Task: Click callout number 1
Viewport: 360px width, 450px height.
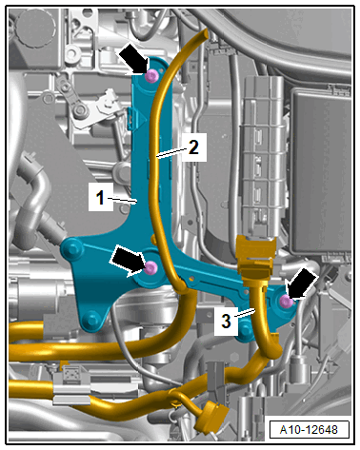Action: pyautogui.click(x=100, y=198)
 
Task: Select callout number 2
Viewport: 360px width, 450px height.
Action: pyautogui.click(x=193, y=147)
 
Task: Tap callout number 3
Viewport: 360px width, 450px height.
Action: pyautogui.click(x=226, y=321)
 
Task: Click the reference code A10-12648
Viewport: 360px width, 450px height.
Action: pyautogui.click(x=309, y=430)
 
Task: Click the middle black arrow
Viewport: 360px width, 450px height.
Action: pyautogui.click(x=128, y=261)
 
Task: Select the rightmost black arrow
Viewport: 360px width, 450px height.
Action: pyautogui.click(x=302, y=284)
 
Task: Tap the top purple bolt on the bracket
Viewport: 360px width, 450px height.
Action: pyautogui.click(x=151, y=76)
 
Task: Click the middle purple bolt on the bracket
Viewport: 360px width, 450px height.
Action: pyautogui.click(x=150, y=268)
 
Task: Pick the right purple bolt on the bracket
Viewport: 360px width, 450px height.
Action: pyautogui.click(x=287, y=302)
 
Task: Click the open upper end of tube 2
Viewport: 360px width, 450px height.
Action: pyautogui.click(x=203, y=33)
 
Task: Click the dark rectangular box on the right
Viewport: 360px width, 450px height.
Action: pyautogui.click(x=321, y=171)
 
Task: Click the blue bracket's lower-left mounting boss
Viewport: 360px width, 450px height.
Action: pyautogui.click(x=91, y=318)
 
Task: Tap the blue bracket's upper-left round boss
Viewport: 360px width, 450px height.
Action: pyautogui.click(x=70, y=248)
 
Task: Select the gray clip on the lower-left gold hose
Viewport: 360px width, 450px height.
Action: pyautogui.click(x=71, y=385)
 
